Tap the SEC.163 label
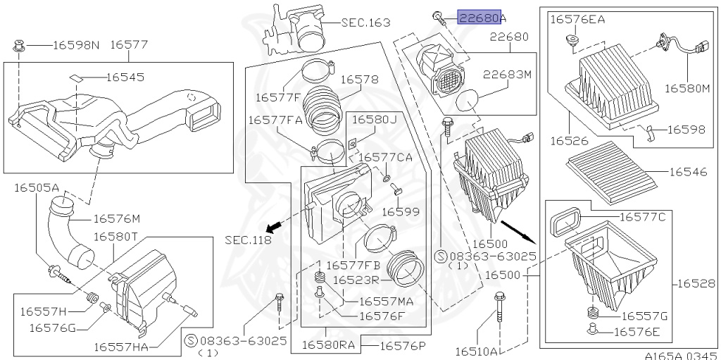point(365,23)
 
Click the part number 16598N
point(77,45)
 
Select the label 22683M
point(507,73)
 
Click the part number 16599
point(401,211)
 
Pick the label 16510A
point(477,351)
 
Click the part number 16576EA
point(577,20)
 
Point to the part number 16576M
point(117,219)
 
